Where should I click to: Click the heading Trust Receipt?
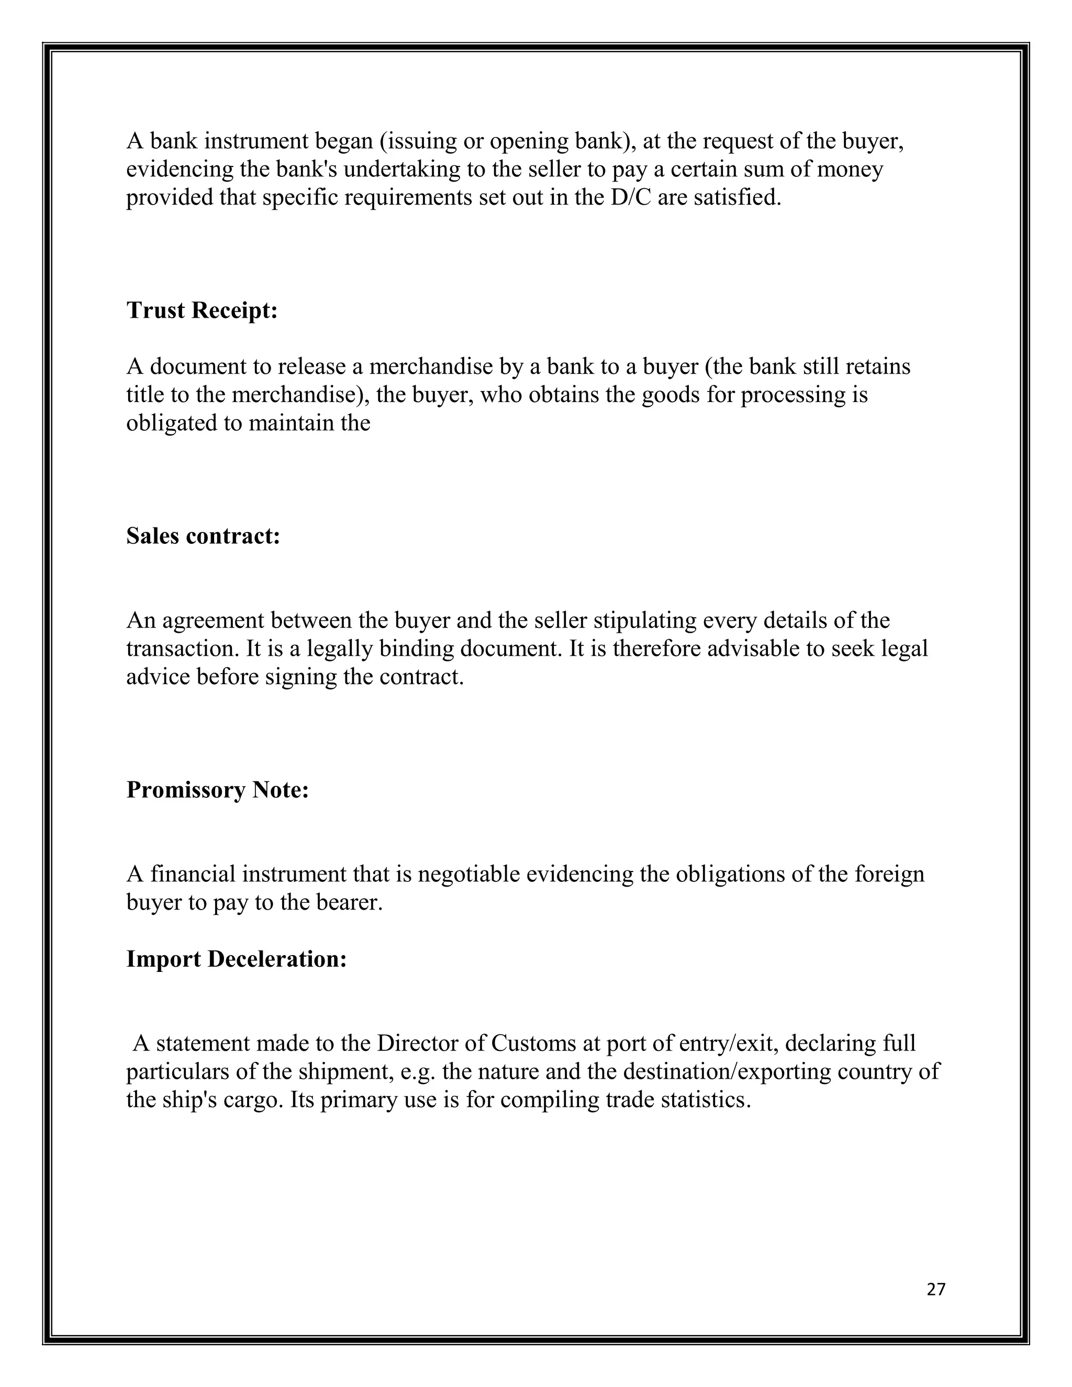pos(202,310)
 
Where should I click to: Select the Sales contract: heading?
pos(203,536)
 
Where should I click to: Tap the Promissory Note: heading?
pos(217,790)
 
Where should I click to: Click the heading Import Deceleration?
pos(236,959)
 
